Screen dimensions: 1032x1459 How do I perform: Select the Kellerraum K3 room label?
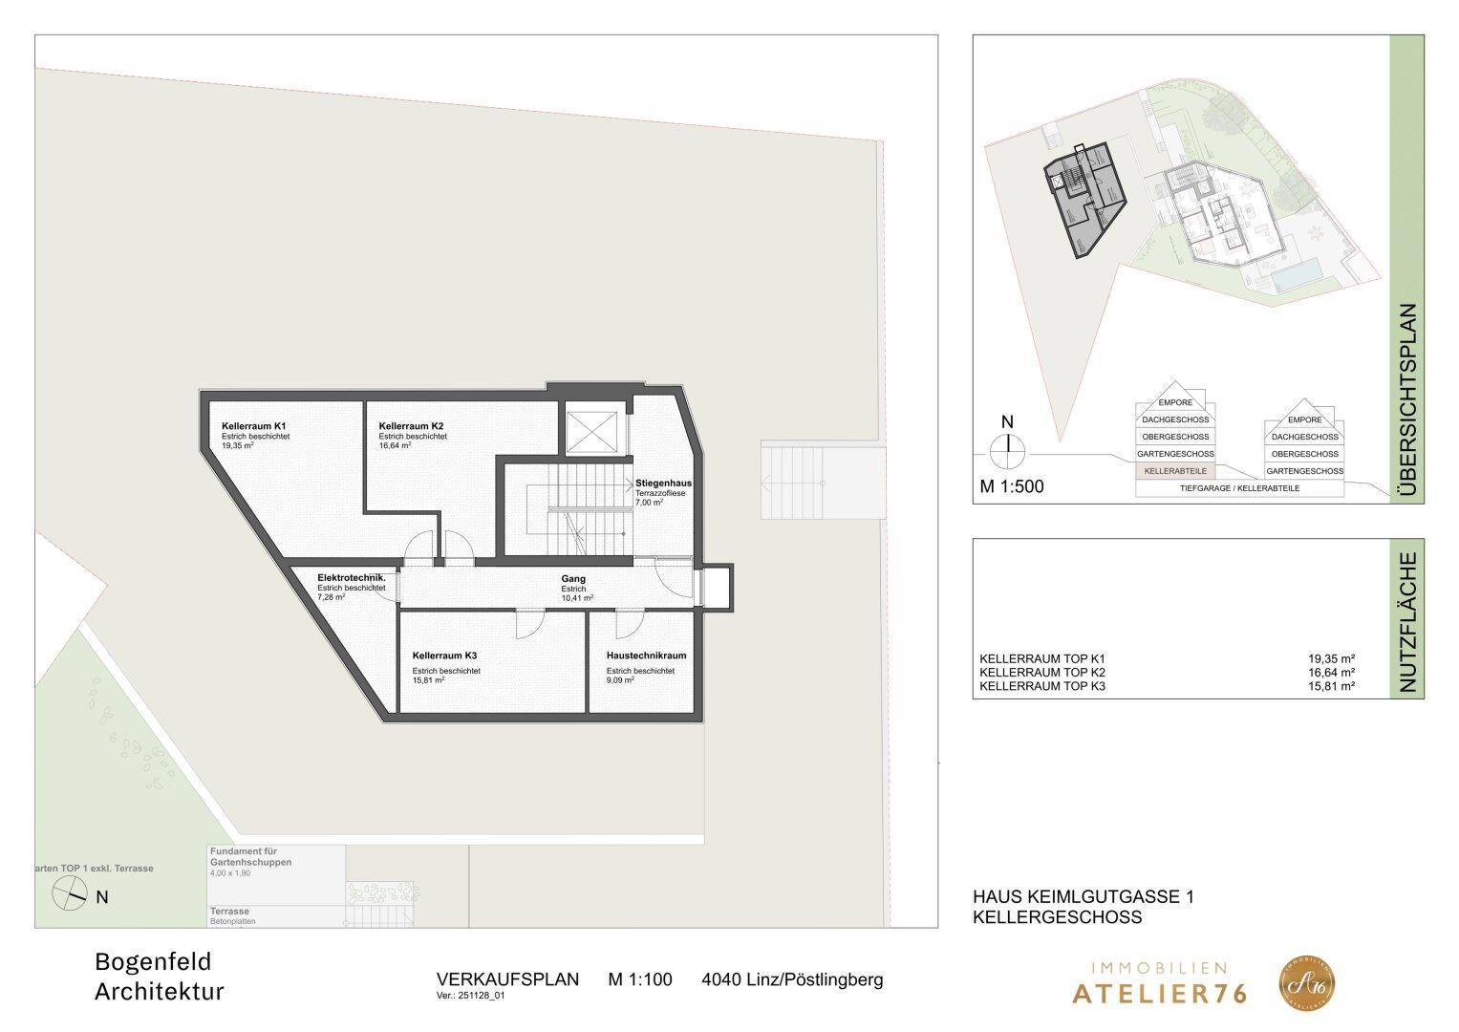point(444,656)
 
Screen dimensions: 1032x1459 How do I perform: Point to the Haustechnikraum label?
point(646,656)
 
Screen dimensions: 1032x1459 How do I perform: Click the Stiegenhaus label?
point(663,484)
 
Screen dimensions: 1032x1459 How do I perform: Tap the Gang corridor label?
point(573,579)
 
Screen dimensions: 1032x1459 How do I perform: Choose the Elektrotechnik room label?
point(351,578)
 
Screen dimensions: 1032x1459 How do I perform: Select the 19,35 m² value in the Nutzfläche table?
point(1332,658)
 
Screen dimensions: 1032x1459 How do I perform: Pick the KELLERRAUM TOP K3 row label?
point(1042,686)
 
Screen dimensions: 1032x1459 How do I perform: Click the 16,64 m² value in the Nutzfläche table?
point(1332,673)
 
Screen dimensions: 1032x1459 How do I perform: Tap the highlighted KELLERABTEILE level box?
point(1174,471)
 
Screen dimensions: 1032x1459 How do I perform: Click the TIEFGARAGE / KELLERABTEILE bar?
point(1239,488)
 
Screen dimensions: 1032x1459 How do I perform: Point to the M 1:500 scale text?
point(1012,486)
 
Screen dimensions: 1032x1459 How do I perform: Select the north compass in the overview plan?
point(1006,448)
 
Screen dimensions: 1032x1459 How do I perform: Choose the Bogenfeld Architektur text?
point(160,977)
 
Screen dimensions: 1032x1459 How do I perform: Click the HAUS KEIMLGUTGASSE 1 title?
point(1083,897)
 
